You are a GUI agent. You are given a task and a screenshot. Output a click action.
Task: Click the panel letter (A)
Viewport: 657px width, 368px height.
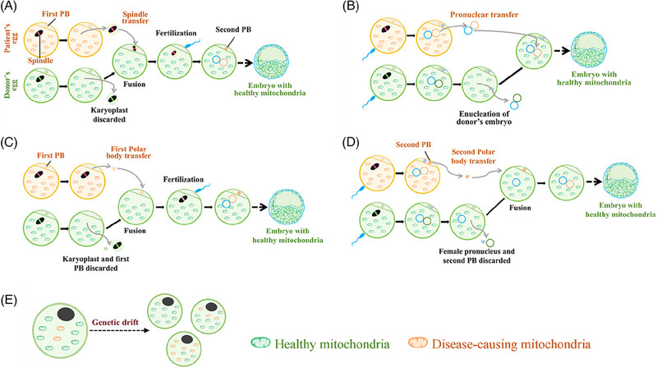[x=9, y=7]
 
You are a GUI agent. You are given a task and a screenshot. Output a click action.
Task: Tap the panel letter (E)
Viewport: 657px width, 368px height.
[x=9, y=301]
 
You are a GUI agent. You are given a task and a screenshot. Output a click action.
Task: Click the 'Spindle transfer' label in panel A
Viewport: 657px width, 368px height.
[x=135, y=16]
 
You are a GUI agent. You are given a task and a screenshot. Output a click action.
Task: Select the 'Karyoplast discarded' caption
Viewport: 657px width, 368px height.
[x=109, y=115]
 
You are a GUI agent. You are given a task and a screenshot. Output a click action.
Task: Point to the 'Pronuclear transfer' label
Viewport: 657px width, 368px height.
[x=484, y=14]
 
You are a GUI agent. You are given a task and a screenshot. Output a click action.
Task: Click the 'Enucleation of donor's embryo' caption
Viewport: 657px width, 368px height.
[x=484, y=117]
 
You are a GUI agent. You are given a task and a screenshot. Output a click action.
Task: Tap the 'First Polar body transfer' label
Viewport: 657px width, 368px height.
[x=131, y=152]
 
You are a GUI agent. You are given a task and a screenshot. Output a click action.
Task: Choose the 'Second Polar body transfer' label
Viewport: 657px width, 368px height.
[x=473, y=156]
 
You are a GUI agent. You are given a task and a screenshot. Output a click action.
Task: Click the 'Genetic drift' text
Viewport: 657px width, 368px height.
[x=114, y=322]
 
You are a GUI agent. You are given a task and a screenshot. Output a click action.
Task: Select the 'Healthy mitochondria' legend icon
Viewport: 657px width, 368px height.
[x=260, y=343]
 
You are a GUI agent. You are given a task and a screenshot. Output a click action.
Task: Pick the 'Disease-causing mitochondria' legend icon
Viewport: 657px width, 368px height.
[x=418, y=343]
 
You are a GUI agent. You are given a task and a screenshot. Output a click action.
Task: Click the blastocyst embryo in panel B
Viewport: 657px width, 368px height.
[x=589, y=49]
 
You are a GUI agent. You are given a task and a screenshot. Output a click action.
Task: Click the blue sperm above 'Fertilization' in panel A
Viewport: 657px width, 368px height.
[x=194, y=44]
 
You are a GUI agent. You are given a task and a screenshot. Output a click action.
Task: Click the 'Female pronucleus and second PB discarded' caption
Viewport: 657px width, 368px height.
[x=477, y=256]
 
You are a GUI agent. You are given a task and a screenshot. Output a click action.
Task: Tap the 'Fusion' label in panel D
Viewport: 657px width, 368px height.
[x=520, y=208]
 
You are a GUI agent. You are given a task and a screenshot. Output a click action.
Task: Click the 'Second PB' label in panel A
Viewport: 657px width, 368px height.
[x=233, y=30]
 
